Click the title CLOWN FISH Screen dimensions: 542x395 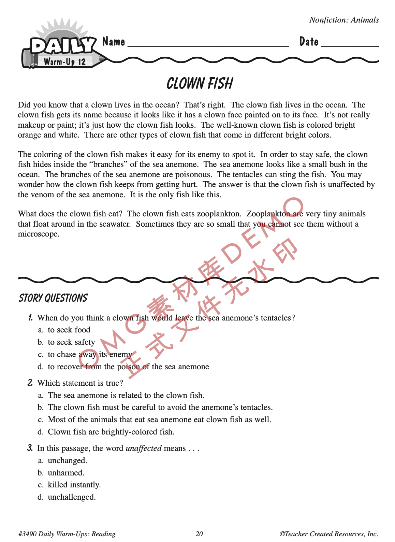[200, 84]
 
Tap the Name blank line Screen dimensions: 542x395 [208, 45]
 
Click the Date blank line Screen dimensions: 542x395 [350, 45]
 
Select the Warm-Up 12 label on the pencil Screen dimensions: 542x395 [64, 62]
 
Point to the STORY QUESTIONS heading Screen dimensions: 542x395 [53, 298]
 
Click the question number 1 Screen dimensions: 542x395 [31, 318]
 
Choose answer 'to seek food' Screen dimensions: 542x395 [69, 330]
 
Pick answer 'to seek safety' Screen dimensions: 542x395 [71, 342]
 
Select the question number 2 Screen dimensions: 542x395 [30, 383]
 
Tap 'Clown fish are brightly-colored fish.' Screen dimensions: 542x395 [111, 432]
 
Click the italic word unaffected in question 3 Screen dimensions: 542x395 [144, 448]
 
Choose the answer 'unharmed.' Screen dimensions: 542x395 [66, 473]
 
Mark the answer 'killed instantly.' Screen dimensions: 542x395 [74, 485]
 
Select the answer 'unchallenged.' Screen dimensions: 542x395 [72, 497]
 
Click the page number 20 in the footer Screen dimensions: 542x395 [199, 534]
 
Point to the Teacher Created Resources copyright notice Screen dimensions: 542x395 [329, 534]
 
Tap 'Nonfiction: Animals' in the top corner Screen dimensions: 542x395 [344, 20]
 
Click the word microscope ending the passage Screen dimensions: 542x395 [38, 234]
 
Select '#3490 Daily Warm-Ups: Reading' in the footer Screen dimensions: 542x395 [67, 534]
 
